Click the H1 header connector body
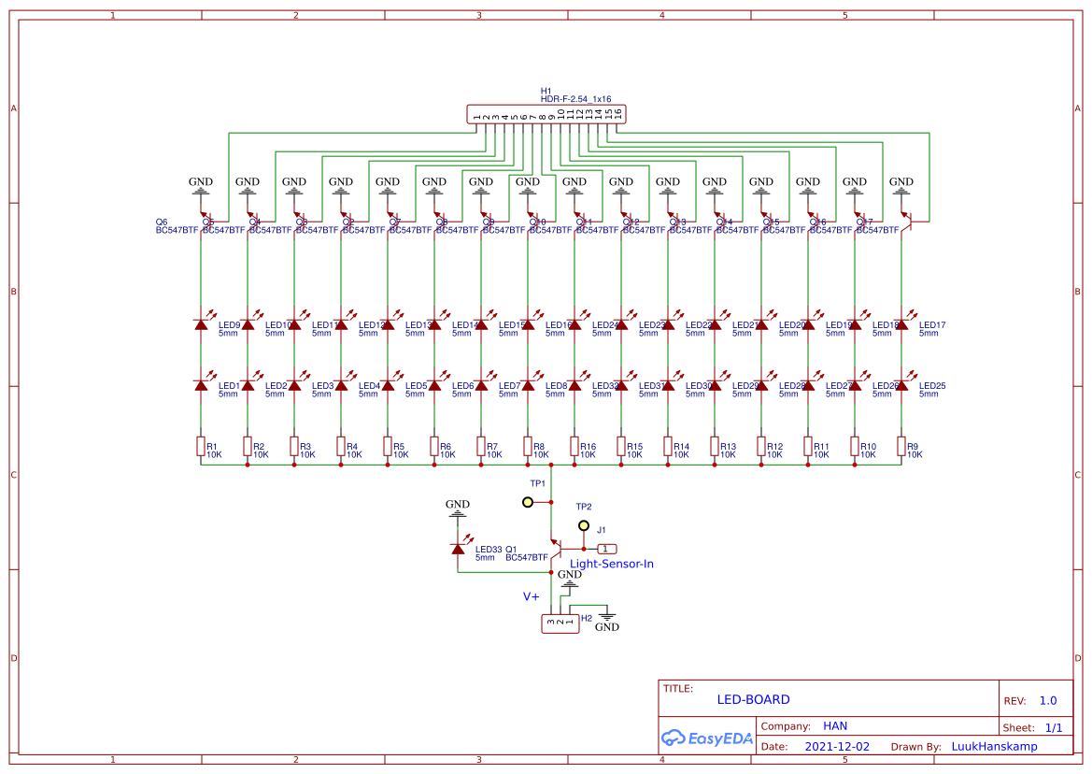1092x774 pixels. coord(546,115)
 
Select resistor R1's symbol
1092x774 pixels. coord(201,447)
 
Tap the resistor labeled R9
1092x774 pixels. coord(901,447)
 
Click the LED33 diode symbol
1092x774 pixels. coord(458,549)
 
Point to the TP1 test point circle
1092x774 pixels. coord(528,502)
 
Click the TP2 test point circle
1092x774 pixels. coord(585,525)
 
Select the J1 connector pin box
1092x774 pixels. coord(607,549)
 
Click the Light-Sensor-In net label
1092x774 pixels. coord(612,564)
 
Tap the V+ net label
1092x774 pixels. coord(531,595)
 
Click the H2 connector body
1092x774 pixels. coord(560,623)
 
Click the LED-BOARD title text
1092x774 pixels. coord(753,699)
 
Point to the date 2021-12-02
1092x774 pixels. coord(837,747)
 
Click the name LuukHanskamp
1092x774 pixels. coord(994,747)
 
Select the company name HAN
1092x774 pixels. coord(835,725)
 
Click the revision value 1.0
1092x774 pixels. coord(1047,700)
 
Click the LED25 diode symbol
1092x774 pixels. coord(901,385)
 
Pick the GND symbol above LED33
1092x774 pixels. coord(458,507)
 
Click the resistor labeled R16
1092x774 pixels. coord(574,447)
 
